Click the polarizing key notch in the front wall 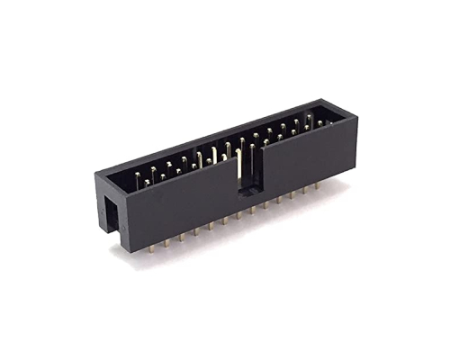point(246,171)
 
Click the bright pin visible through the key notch point(239,166)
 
